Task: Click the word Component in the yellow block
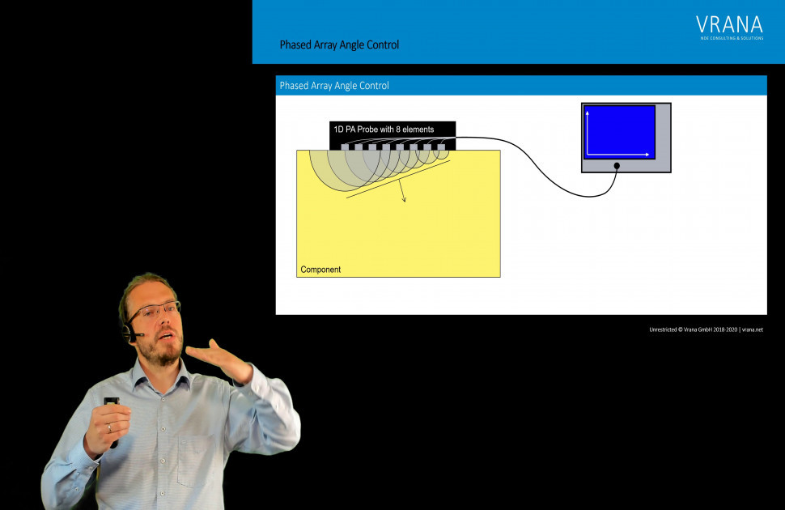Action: (320, 270)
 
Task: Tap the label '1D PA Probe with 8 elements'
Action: (384, 130)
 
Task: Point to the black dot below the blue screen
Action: (617, 166)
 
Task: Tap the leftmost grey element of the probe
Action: (345, 147)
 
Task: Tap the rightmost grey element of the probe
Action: (441, 147)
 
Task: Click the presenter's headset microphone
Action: (138, 334)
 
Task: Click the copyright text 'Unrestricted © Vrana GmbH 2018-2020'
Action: (693, 329)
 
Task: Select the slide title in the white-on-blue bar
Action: (334, 86)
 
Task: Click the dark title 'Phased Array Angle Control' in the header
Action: (339, 45)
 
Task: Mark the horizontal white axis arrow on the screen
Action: (619, 153)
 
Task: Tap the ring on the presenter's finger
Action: (109, 427)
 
